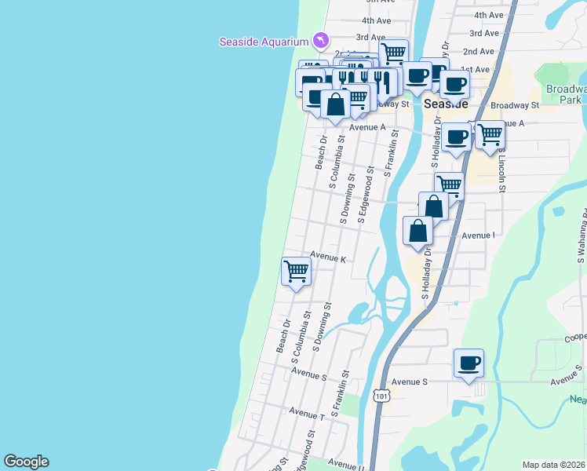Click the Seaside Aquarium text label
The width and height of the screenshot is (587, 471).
pyautogui.click(x=264, y=42)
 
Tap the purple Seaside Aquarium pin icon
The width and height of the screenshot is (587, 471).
pyautogui.click(x=320, y=39)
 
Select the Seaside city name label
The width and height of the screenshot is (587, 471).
pyautogui.click(x=446, y=104)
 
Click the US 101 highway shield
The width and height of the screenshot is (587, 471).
pyautogui.click(x=381, y=395)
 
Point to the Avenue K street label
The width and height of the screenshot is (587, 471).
pyautogui.click(x=328, y=257)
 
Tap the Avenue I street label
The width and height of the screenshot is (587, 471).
pyautogui.click(x=478, y=235)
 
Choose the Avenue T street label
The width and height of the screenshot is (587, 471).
pyautogui.click(x=306, y=411)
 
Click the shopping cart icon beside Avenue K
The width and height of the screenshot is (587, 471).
pyautogui.click(x=297, y=272)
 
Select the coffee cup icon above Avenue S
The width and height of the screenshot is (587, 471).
pyautogui.click(x=469, y=363)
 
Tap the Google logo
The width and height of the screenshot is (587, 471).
pyautogui.click(x=26, y=462)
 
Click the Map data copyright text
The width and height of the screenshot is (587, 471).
pyautogui.click(x=553, y=465)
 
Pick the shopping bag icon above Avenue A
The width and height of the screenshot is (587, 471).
pyautogui.click(x=335, y=105)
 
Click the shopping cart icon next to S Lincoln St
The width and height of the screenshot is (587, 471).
pyautogui.click(x=490, y=134)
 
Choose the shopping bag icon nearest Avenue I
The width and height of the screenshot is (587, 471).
pyautogui.click(x=418, y=231)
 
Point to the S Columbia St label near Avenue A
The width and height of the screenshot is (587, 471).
pyautogui.click(x=337, y=162)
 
